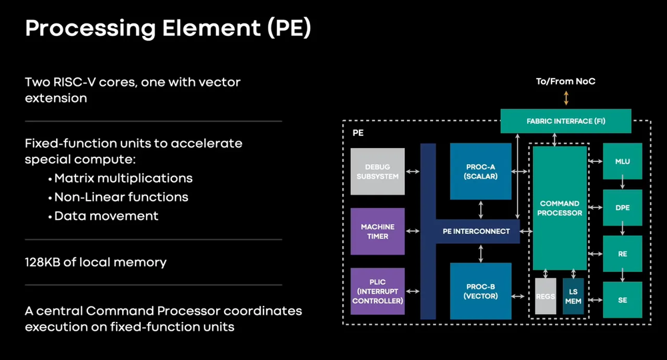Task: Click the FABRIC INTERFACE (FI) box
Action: pyautogui.click(x=566, y=121)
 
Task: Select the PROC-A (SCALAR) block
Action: pyautogui.click(x=480, y=171)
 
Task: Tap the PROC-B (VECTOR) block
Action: pyautogui.click(x=480, y=291)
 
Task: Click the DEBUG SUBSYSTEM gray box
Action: pyautogui.click(x=378, y=171)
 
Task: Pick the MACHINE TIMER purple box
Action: pyautogui.click(x=378, y=231)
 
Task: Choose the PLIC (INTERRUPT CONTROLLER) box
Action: pyautogui.click(x=378, y=291)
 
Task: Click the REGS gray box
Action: pyautogui.click(x=546, y=296)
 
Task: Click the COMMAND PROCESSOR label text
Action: pyautogui.click(x=560, y=208)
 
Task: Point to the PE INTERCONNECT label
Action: pyautogui.click(x=476, y=231)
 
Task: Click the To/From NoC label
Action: pyautogui.click(x=566, y=81)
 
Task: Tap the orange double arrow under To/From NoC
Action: pyautogui.click(x=566, y=98)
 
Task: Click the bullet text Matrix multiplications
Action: pyautogui.click(x=123, y=178)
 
